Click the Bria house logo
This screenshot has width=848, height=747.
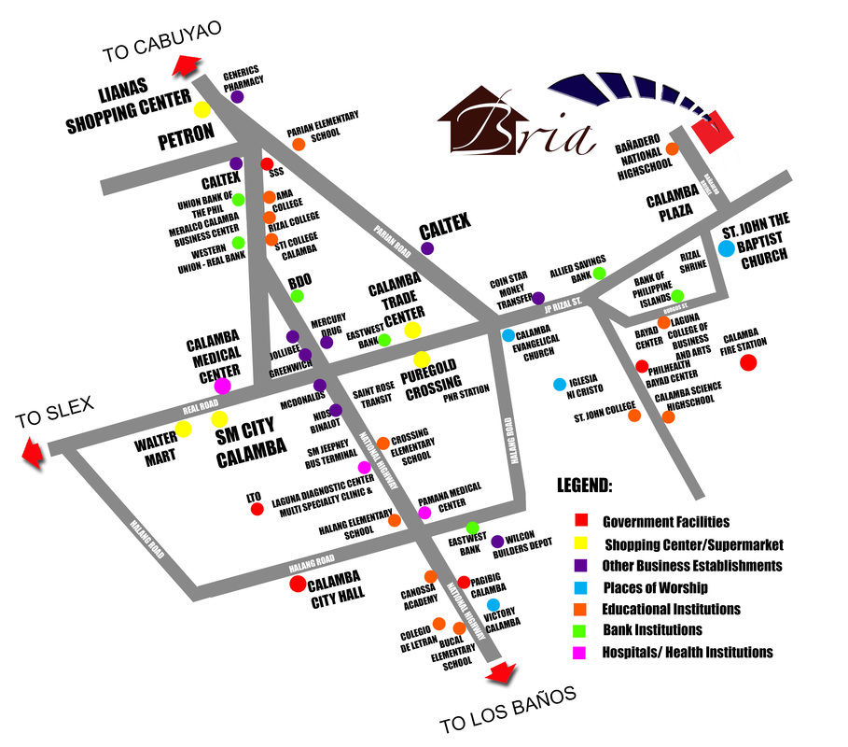[x=517, y=121]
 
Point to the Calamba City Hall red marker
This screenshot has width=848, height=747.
[x=298, y=585]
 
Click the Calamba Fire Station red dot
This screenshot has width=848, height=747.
[x=747, y=362]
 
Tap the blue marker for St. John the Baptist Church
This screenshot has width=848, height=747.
[x=726, y=248]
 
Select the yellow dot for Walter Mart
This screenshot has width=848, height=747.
[x=183, y=430]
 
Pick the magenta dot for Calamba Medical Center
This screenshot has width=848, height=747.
[x=223, y=386]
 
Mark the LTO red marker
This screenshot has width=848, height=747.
[x=257, y=509]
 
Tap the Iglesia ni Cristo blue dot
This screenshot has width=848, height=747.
[x=559, y=384]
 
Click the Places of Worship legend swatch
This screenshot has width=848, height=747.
[x=579, y=587]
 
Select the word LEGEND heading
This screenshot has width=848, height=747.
[x=585, y=486]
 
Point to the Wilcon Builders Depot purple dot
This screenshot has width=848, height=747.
[x=497, y=541]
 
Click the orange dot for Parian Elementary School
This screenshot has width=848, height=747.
[x=299, y=145]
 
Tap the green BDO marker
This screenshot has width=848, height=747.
[x=298, y=296]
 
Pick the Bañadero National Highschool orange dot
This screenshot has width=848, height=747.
[x=672, y=148]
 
